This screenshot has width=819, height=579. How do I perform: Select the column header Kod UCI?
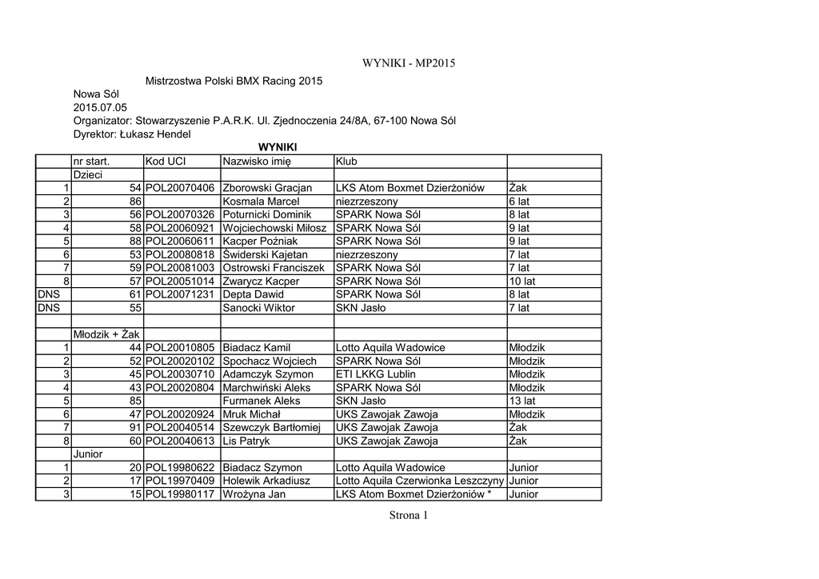166,162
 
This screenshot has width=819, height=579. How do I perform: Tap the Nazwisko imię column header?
257,162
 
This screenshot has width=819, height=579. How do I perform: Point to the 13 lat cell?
519,401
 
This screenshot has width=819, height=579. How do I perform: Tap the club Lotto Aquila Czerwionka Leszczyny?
420,481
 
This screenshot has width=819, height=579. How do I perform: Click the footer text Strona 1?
409,516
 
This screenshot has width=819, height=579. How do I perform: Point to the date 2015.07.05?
100,107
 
